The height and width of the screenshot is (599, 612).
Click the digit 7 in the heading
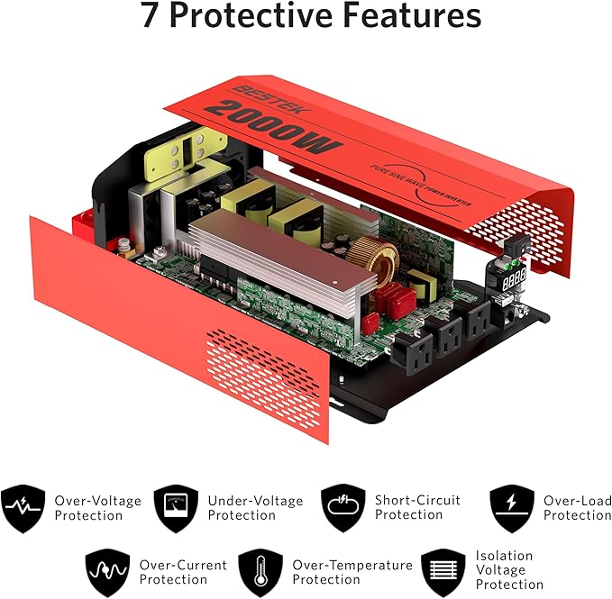click(x=149, y=15)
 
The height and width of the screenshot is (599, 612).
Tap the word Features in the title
click(x=412, y=15)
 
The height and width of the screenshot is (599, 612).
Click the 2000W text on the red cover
click(x=272, y=127)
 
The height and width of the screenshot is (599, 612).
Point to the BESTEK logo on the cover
click(x=270, y=99)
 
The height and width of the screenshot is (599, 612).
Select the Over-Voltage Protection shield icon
click(x=23, y=508)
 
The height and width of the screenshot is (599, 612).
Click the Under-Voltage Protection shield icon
click(x=176, y=508)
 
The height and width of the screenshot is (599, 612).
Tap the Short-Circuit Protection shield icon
click(x=343, y=508)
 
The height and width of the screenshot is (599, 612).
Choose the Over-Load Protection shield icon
click(x=512, y=508)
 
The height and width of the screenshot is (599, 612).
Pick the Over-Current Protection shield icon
click(x=108, y=573)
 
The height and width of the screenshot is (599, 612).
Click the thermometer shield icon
click(x=260, y=573)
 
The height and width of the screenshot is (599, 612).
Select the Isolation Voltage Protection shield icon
click(x=443, y=573)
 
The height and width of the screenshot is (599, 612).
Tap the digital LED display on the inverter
click(x=514, y=278)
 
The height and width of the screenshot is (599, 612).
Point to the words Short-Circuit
click(x=417, y=500)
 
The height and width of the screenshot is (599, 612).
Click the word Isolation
click(x=504, y=556)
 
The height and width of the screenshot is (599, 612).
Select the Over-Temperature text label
click(x=352, y=565)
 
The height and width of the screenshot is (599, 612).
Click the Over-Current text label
click(x=183, y=565)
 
